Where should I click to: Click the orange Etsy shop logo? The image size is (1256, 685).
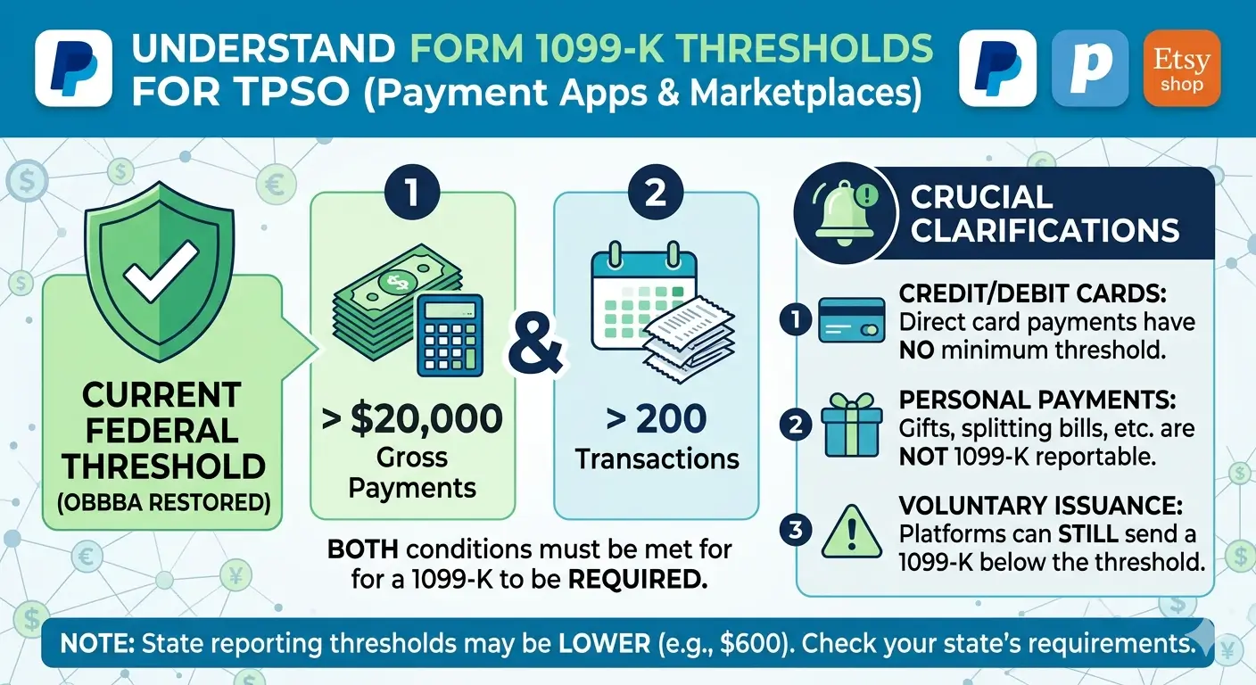tap(1180, 69)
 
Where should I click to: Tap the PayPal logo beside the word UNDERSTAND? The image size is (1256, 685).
tap(73, 69)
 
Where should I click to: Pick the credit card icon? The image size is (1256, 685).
tap(851, 320)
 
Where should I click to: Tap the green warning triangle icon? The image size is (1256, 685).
tap(851, 532)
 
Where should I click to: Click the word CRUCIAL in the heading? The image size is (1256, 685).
tap(981, 197)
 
